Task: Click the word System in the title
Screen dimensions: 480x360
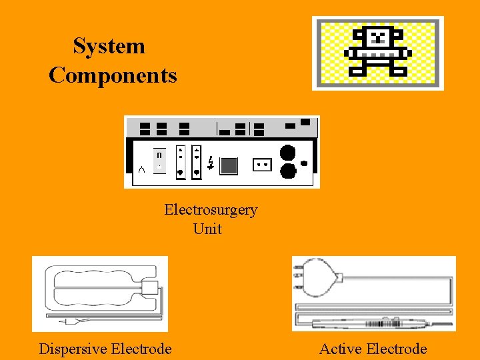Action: [109, 47]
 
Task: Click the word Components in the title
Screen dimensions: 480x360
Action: [113, 75]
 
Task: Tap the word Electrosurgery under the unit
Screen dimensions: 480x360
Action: [211, 210]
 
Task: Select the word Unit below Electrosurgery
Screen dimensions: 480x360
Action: [207, 229]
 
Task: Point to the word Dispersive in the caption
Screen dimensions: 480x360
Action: [70, 349]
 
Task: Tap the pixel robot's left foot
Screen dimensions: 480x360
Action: [359, 71]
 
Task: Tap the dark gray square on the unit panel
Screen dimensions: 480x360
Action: [229, 165]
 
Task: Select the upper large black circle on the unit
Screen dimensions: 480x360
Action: [288, 152]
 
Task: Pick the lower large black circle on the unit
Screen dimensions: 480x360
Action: [288, 171]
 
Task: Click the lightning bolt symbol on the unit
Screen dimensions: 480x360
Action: [211, 163]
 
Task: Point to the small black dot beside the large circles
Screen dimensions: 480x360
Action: [305, 163]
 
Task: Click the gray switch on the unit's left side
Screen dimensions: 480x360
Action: [159, 160]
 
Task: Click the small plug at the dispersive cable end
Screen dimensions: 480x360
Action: [69, 321]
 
